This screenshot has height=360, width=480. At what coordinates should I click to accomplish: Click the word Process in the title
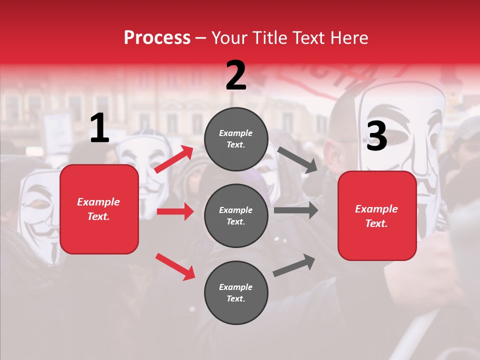pos(157,37)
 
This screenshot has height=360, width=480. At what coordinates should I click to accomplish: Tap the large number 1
pos(99,128)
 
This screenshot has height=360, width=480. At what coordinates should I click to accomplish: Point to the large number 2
pos(235,75)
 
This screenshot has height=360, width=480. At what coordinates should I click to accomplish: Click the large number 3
pos(376,136)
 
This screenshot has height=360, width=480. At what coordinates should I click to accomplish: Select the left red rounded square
pos(99,209)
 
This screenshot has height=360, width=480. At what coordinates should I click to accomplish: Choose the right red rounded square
pos(377,215)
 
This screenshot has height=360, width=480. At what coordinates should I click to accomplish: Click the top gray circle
pos(236,139)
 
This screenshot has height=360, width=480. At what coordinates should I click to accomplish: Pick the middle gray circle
pos(236,215)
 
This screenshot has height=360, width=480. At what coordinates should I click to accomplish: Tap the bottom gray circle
pos(236,292)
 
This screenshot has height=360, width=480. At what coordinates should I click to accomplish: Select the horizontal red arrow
pos(175,211)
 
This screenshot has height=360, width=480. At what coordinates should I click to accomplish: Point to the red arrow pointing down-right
pos(175,266)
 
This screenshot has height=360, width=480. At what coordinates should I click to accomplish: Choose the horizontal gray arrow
pos(295,210)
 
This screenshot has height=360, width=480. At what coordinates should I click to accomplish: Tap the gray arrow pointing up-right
pos(294,265)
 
